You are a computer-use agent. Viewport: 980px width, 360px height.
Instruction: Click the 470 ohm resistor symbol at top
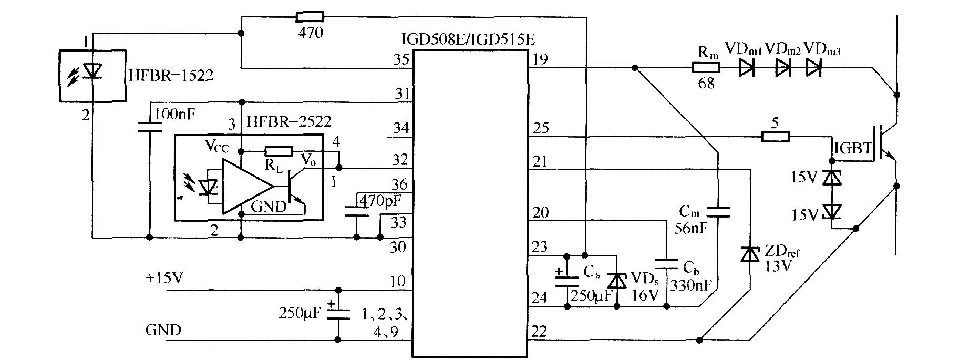[310, 16]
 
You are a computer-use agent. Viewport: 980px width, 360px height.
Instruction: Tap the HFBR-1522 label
[171, 75]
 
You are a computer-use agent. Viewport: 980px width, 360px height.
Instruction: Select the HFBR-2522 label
[289, 121]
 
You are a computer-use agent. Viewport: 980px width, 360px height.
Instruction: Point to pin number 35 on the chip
[401, 59]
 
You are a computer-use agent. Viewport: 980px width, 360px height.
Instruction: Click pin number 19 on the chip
[540, 59]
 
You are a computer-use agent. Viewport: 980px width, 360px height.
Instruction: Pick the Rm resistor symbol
[706, 67]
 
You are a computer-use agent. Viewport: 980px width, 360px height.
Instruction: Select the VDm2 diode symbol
[783, 67]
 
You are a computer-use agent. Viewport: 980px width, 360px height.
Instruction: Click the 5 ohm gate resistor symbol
[775, 137]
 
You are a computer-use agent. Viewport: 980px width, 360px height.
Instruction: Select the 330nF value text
[691, 285]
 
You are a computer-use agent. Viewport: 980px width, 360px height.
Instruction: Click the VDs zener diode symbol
[618, 281]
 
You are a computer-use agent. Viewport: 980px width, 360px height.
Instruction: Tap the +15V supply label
[164, 278]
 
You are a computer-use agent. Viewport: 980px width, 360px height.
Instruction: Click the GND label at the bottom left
[163, 330]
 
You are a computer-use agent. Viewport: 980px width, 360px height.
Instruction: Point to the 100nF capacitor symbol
[149, 126]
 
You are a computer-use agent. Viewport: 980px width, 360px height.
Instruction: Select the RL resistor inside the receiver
[278, 151]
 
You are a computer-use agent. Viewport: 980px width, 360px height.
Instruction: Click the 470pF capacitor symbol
[357, 211]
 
